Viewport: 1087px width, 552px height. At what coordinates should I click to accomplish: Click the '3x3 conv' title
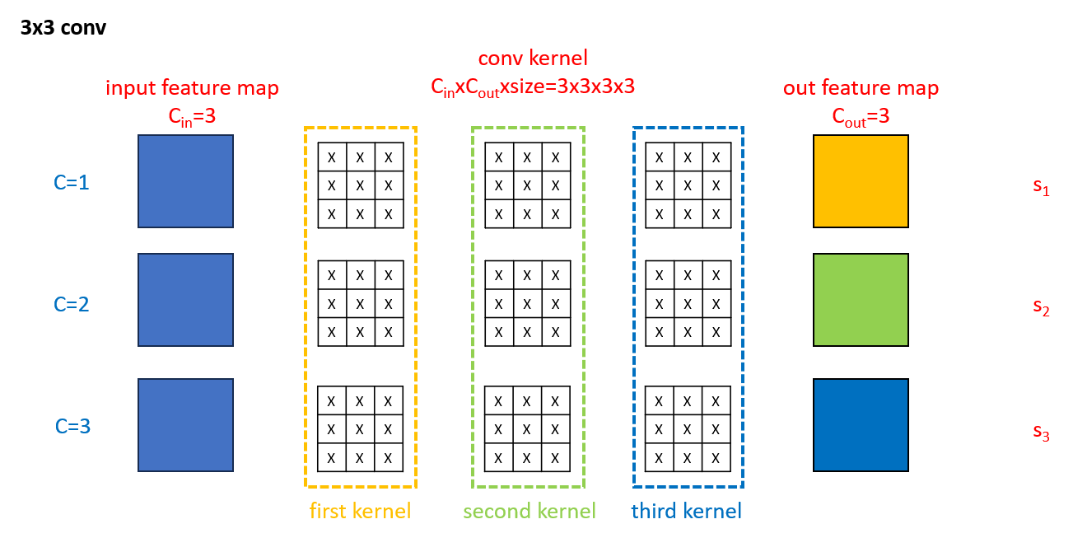point(63,28)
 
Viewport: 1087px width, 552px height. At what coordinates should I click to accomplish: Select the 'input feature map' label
point(192,88)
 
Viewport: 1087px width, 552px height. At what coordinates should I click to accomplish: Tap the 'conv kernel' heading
point(533,58)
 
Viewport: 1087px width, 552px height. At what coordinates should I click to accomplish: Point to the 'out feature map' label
point(861,88)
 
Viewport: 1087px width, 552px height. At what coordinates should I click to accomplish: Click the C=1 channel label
point(72,182)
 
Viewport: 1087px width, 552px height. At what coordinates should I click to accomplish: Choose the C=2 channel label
point(72,304)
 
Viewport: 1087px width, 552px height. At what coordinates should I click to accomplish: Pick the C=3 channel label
point(72,427)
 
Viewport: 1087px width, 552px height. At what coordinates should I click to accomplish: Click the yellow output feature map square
point(861,181)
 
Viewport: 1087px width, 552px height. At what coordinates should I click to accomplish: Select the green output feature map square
point(861,300)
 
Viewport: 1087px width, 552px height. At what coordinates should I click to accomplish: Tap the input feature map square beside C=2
point(185,300)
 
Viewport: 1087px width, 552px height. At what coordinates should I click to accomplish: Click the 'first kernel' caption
point(360,512)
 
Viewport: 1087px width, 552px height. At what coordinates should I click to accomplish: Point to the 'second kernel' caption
point(529,512)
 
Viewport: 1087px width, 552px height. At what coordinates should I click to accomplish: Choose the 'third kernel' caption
point(687,512)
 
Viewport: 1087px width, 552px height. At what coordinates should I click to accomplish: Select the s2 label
point(1041,308)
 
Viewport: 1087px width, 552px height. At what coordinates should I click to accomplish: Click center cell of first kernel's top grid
point(361,185)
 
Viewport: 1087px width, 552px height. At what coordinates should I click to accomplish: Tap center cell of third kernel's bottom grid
point(688,428)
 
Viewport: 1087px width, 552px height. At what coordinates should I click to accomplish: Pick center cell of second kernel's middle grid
point(527,304)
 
